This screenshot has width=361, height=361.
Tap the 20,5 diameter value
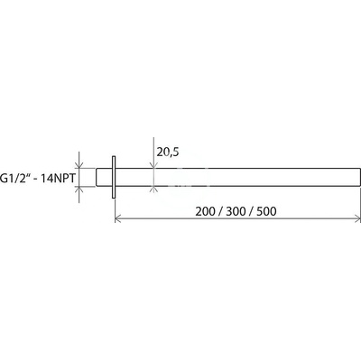pos(168,152)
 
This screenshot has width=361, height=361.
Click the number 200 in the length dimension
pos(205,211)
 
